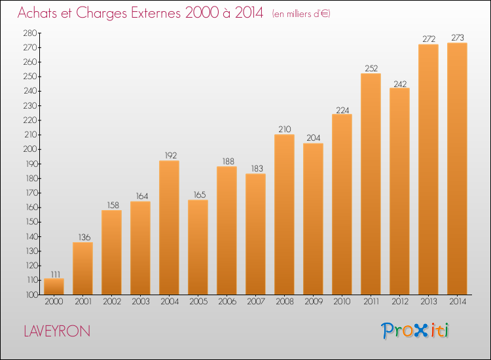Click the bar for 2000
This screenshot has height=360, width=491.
(x=54, y=287)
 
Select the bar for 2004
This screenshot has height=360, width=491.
(x=169, y=228)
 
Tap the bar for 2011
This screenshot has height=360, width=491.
(x=371, y=184)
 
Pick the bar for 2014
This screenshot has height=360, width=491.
(x=457, y=169)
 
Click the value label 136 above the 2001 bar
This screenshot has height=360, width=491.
(x=84, y=238)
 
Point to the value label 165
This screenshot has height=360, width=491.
(x=200, y=194)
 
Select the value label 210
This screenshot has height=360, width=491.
(x=285, y=130)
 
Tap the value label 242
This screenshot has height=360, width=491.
(x=400, y=84)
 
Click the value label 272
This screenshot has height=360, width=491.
(x=429, y=39)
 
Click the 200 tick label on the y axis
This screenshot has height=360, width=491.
(x=30, y=149)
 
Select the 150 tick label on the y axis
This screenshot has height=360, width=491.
(x=31, y=222)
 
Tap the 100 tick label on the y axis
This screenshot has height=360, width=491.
(x=31, y=295)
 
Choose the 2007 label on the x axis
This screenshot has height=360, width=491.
(x=256, y=302)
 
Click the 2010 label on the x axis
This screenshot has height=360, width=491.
(x=342, y=302)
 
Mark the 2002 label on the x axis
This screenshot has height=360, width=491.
(x=112, y=302)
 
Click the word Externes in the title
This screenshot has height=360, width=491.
(x=156, y=12)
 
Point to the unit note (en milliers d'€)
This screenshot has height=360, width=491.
(x=301, y=14)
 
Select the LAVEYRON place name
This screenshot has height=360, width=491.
(x=57, y=331)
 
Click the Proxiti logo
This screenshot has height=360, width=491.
(x=415, y=331)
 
